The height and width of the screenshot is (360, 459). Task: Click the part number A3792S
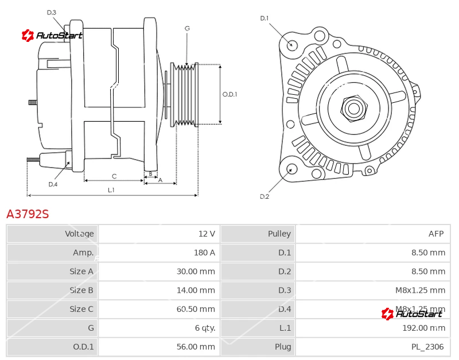click(x=28, y=214)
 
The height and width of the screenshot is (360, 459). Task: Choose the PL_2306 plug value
click(x=427, y=347)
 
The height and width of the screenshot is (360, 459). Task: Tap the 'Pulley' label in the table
click(x=279, y=234)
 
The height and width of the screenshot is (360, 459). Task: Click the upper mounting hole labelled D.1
click(x=291, y=45)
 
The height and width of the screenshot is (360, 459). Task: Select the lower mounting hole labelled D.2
click(x=291, y=169)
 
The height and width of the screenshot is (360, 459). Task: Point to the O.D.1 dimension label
click(x=229, y=95)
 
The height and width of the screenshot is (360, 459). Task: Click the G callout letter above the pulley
click(x=187, y=28)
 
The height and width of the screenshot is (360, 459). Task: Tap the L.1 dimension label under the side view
click(x=111, y=189)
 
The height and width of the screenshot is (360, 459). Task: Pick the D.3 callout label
click(x=52, y=13)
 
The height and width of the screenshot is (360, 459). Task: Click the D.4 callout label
click(x=53, y=184)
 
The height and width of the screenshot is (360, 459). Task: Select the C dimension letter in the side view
click(x=114, y=176)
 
